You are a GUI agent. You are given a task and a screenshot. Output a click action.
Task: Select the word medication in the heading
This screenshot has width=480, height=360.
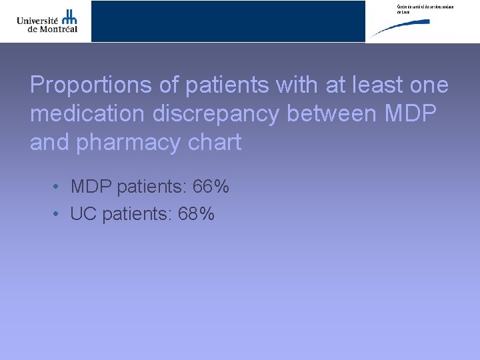point(87,114)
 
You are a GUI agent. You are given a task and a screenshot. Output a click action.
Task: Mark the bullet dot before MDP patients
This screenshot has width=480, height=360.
point(59,187)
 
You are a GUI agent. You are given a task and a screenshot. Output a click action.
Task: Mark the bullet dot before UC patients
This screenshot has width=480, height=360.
point(59,214)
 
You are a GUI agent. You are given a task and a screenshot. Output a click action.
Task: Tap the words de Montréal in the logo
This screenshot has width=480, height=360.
point(47,29)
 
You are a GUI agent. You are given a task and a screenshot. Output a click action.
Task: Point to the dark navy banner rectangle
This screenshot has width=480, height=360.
point(228,21)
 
